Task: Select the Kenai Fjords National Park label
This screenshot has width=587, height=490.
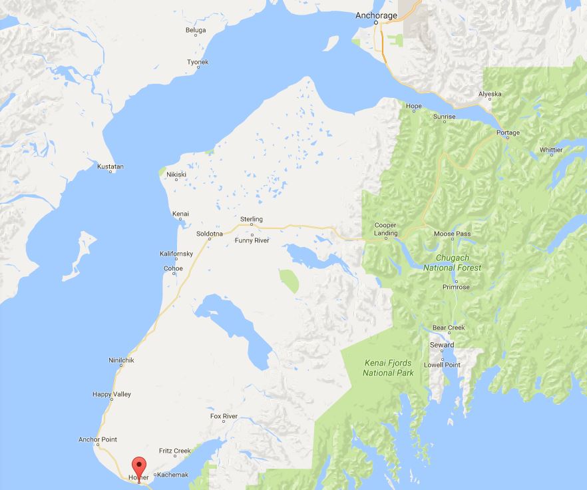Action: tap(389, 368)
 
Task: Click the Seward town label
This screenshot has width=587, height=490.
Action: tap(442, 345)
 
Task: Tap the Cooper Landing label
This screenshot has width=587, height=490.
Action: tap(385, 229)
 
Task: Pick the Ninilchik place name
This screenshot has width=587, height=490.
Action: tap(121, 361)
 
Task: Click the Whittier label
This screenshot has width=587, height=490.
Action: tap(550, 150)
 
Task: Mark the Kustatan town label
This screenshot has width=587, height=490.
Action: tap(110, 166)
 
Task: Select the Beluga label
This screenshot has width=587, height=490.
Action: tap(195, 31)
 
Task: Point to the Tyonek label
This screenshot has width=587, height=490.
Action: tap(198, 62)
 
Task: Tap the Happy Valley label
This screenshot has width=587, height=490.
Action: tap(112, 395)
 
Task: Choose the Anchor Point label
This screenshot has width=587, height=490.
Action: tap(97, 439)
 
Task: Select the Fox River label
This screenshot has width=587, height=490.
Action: tap(224, 417)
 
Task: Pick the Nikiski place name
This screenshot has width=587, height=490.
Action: tap(176, 174)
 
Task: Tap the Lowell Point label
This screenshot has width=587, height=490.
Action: tap(442, 366)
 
